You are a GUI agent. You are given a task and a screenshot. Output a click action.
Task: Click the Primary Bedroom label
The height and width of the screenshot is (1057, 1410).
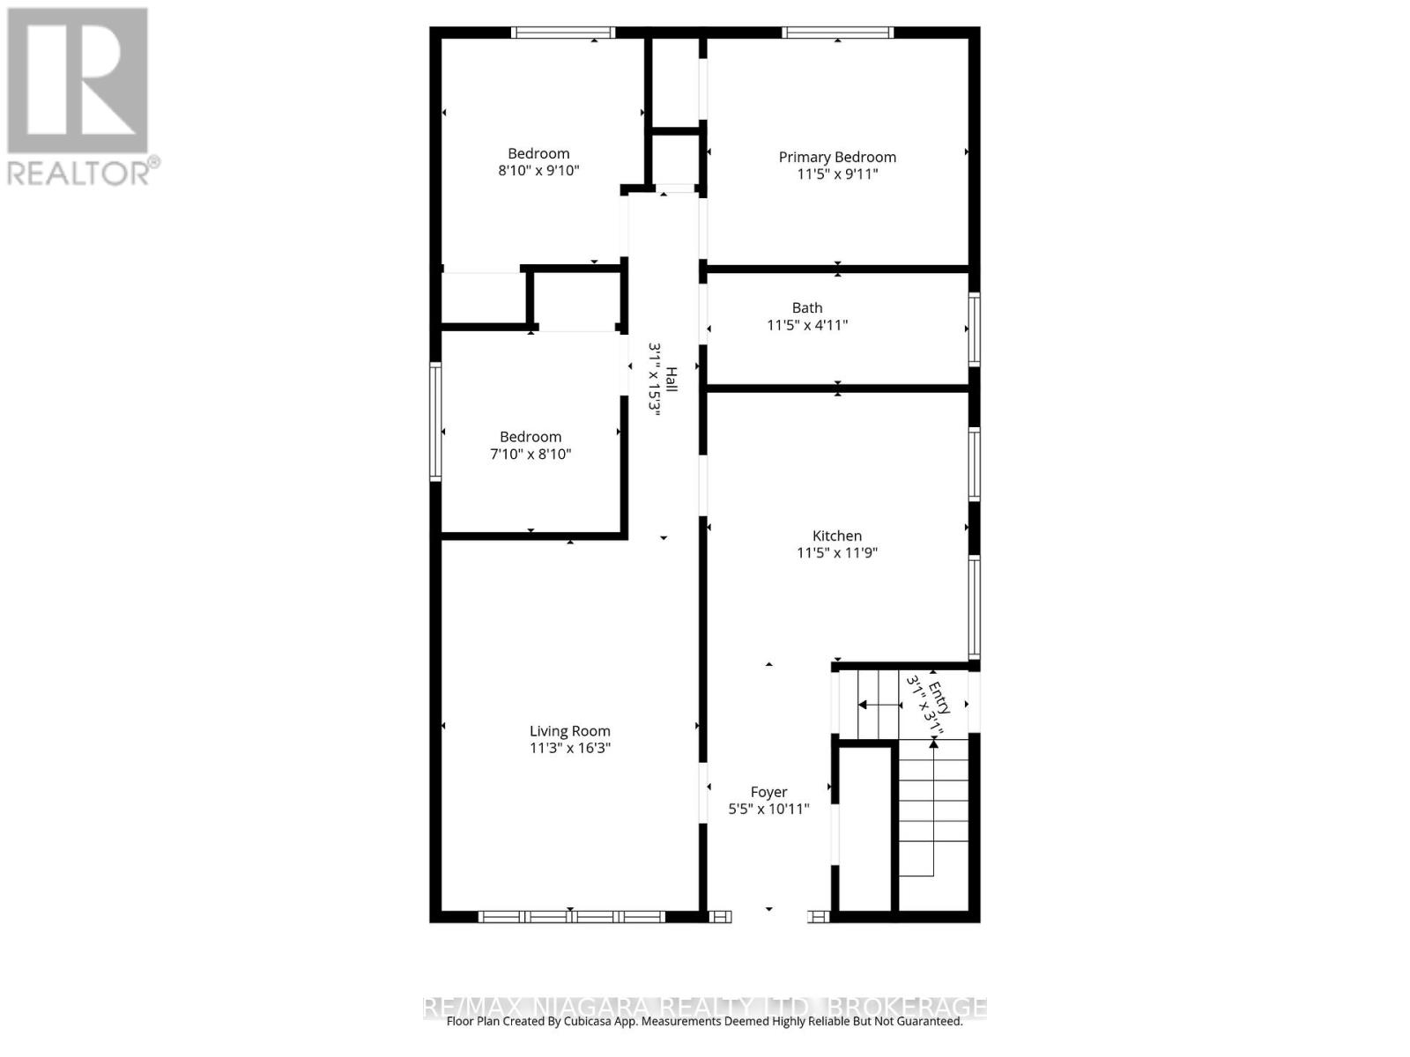[x=837, y=157]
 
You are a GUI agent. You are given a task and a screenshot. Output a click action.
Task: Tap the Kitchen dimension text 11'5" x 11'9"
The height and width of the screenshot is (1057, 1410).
[x=837, y=553]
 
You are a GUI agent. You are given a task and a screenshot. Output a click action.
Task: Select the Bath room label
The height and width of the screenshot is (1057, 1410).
[x=807, y=307]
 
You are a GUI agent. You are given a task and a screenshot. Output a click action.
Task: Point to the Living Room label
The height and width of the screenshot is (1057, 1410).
[x=569, y=731]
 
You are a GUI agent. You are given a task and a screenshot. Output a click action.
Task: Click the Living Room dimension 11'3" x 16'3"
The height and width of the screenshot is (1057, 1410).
[x=569, y=749]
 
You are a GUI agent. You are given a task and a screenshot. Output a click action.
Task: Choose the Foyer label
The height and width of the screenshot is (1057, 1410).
[x=768, y=792]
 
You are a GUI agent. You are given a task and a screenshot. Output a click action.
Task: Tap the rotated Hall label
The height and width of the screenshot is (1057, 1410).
[x=672, y=380]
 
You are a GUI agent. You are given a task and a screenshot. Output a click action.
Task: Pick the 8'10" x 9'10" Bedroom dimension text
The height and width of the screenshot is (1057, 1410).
[x=538, y=171]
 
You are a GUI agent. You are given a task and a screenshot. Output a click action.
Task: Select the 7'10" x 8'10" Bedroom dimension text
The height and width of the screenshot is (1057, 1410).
[x=531, y=455]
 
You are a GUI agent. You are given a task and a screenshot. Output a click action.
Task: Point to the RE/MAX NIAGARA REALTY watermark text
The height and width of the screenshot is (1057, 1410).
[x=705, y=1006]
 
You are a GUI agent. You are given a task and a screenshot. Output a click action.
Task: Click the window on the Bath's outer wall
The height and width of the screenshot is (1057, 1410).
[x=975, y=329]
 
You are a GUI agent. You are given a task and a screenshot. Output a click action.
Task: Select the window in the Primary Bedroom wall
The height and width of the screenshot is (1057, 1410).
[x=837, y=33]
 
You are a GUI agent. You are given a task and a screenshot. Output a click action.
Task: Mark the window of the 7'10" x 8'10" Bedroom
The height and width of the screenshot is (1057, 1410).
[x=435, y=422]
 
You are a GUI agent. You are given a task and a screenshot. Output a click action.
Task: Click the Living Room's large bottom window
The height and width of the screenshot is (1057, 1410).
[x=571, y=917]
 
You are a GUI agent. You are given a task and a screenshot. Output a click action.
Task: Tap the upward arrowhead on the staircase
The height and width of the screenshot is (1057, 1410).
[x=933, y=744]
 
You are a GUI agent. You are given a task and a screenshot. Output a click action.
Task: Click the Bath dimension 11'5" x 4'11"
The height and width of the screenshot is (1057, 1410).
[x=807, y=325]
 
